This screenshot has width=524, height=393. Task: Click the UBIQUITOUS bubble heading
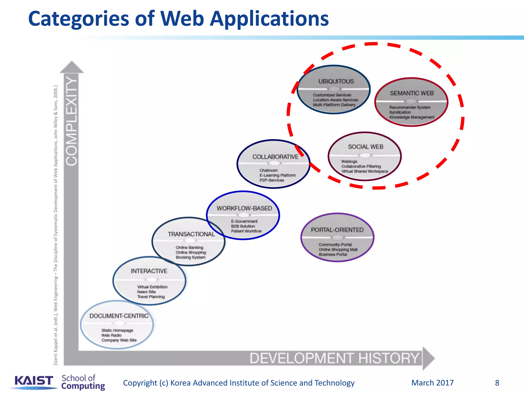tap(336, 81)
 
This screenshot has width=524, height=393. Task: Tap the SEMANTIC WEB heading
tap(412, 93)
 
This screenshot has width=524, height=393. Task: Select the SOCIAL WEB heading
tap(365, 147)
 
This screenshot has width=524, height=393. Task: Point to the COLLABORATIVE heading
tap(275, 157)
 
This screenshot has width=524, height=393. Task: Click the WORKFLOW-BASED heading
tap(244, 208)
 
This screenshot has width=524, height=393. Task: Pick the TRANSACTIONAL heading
tap(191, 234)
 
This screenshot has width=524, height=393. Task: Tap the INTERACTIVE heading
tap(149, 271)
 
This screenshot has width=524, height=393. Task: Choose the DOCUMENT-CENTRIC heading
tap(119, 316)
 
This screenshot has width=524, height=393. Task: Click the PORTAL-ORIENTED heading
tap(337, 230)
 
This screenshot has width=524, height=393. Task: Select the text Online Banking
tap(189, 247)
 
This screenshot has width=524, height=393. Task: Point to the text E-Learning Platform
tap(277, 175)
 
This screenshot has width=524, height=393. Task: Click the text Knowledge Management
tap(412, 117)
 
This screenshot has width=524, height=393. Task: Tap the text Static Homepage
tap(117, 330)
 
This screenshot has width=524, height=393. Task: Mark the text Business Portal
tap(333, 254)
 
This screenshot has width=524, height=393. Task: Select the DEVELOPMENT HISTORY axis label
tap(334, 358)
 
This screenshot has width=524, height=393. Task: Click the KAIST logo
tap(34, 381)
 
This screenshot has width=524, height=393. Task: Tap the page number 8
tap(497, 383)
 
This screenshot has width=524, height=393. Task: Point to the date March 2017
tap(432, 383)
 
